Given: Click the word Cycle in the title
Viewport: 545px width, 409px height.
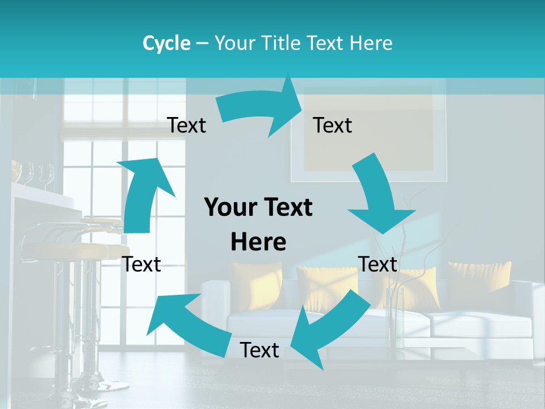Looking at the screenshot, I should [166, 43].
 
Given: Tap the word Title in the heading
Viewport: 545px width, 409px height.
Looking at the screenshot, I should [281, 43].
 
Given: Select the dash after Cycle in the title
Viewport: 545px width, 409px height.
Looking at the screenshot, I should [202, 43].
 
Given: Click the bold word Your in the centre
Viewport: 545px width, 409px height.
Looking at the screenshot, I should [230, 208].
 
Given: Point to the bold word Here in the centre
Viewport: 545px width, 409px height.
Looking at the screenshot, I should [258, 242].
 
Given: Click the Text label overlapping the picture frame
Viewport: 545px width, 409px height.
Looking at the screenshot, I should [333, 125].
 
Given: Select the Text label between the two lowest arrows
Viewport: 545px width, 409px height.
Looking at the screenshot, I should [259, 350].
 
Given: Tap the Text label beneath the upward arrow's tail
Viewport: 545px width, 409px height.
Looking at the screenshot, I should [142, 264].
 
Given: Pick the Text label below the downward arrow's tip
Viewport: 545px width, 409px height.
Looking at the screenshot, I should [378, 264].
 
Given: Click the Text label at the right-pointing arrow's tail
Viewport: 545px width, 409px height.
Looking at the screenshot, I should [186, 125].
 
